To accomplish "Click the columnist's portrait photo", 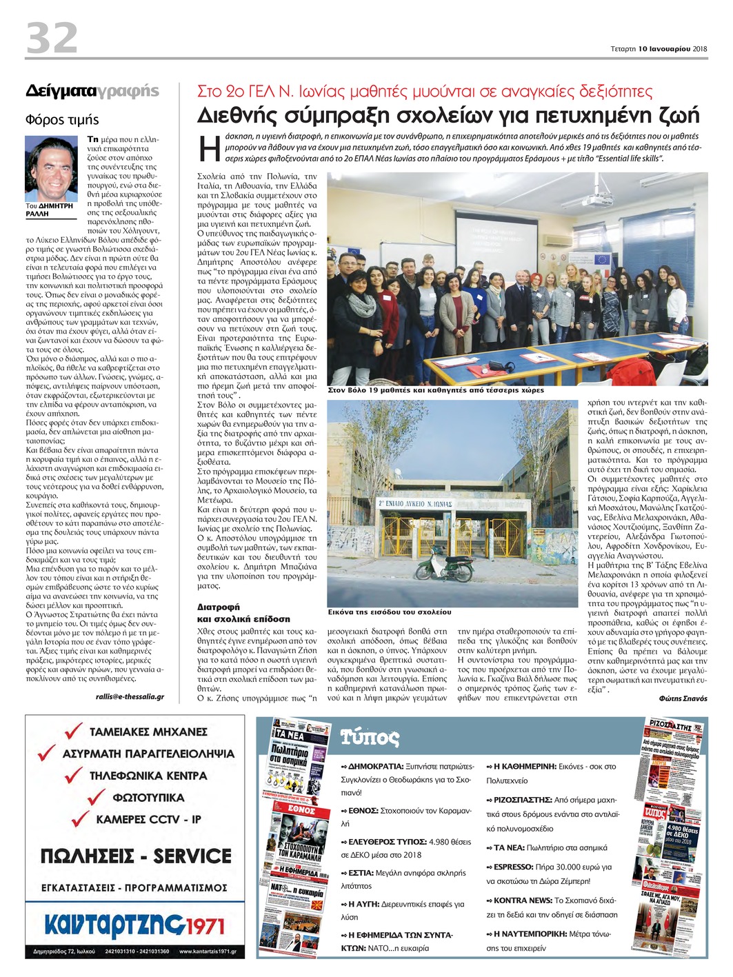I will point(52,168).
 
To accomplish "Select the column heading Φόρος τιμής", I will point(62,120).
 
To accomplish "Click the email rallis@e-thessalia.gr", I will point(130,697).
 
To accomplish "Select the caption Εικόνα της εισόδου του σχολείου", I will point(390,612).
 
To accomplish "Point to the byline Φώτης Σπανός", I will point(683,698).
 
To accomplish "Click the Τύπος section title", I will point(370,738).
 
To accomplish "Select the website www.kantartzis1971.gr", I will point(207,952).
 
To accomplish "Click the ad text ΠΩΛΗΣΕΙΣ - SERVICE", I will point(136,856).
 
